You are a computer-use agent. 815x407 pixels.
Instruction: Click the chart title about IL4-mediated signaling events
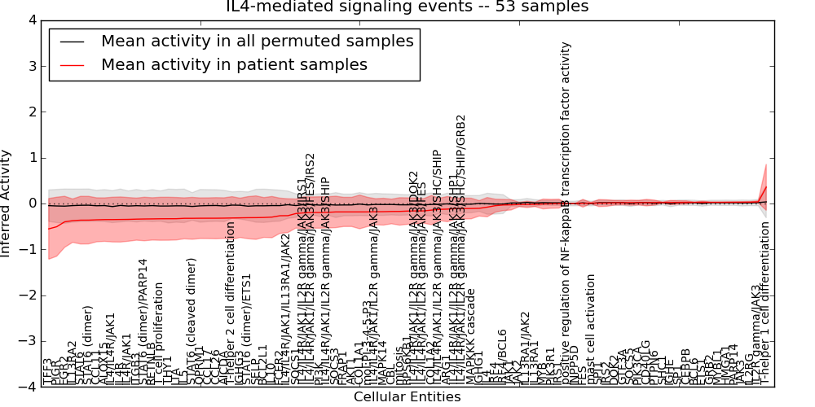tap(407, 7)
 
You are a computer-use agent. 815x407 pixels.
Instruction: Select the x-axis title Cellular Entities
tap(407, 397)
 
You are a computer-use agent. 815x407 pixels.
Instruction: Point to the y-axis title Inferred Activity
tap(7, 203)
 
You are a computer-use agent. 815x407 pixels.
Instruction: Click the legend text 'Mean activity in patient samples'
tap(234, 64)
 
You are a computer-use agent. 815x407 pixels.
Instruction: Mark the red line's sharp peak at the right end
tap(766, 186)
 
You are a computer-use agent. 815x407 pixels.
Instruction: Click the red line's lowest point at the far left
tap(49, 229)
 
